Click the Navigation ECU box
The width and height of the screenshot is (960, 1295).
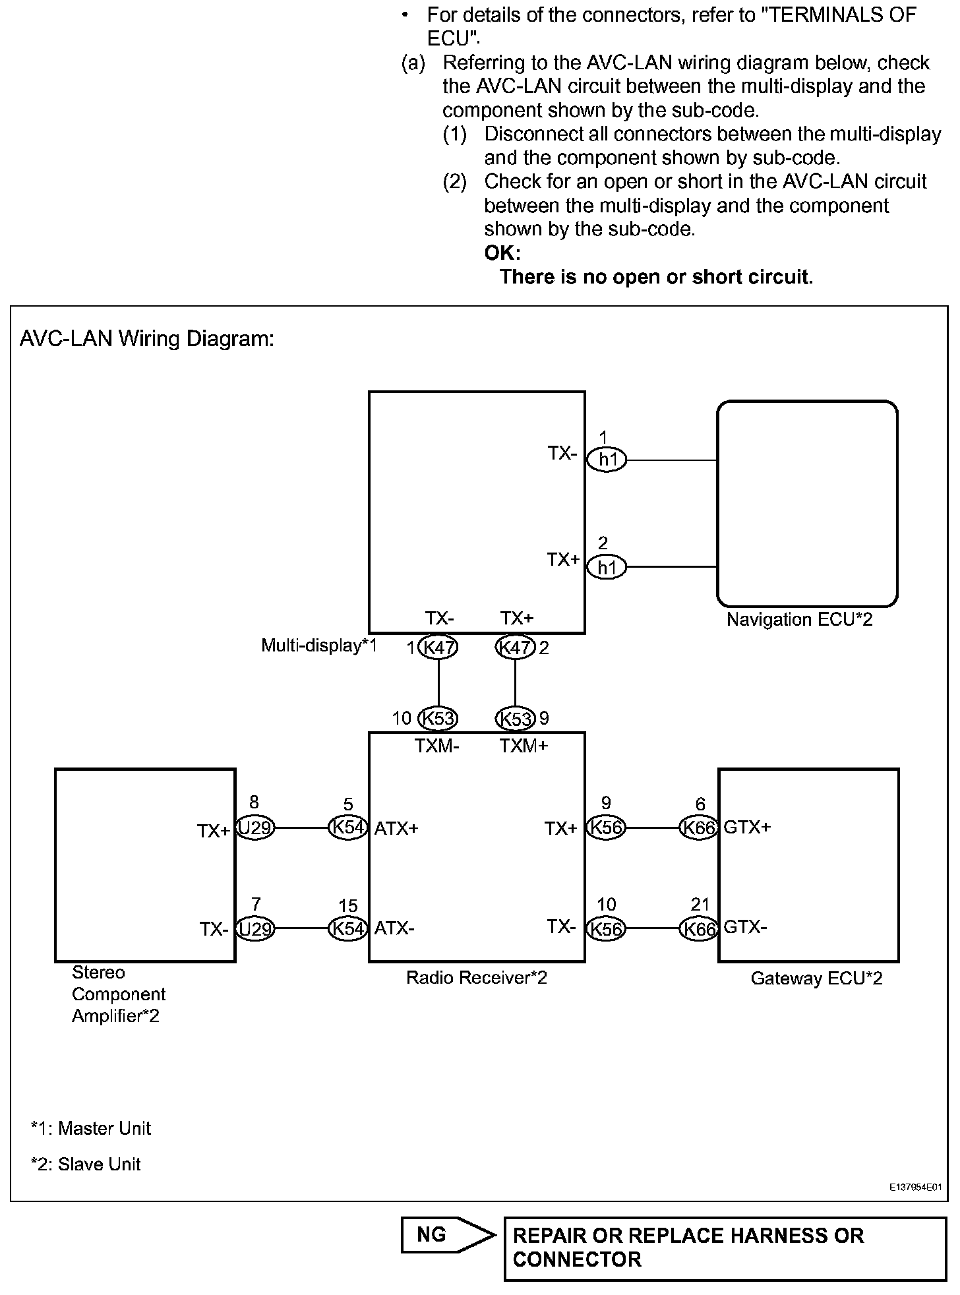pyautogui.click(x=807, y=504)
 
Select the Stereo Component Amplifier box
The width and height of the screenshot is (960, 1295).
pyautogui.click(x=145, y=865)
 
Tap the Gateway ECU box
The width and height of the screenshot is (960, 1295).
pyautogui.click(x=808, y=865)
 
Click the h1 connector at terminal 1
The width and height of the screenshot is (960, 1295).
pyautogui.click(x=607, y=460)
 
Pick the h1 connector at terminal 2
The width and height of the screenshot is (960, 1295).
pyautogui.click(x=607, y=567)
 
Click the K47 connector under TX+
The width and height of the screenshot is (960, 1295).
pyautogui.click(x=515, y=647)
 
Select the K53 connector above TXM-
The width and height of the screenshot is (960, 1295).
pyautogui.click(x=438, y=718)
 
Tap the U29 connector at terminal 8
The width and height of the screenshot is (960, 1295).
pyautogui.click(x=255, y=828)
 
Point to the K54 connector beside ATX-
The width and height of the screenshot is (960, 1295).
pyautogui.click(x=347, y=928)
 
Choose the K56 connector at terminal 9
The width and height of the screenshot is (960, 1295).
pyautogui.click(x=605, y=828)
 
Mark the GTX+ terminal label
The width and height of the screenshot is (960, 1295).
pyautogui.click(x=747, y=827)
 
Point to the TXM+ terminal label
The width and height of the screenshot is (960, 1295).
pyautogui.click(x=524, y=746)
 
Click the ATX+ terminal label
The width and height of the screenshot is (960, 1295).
pyautogui.click(x=396, y=828)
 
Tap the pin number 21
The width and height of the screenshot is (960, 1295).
pyautogui.click(x=700, y=905)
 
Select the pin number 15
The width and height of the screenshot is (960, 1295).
pyautogui.click(x=347, y=905)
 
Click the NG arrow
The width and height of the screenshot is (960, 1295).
pyautogui.click(x=448, y=1234)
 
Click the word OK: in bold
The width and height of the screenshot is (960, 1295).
pyautogui.click(x=502, y=253)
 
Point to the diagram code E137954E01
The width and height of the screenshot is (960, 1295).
pyautogui.click(x=915, y=1188)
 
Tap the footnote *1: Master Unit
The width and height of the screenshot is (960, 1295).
pyautogui.click(x=91, y=1128)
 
